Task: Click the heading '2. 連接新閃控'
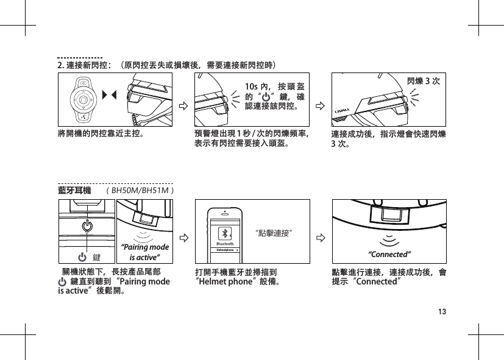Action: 83,64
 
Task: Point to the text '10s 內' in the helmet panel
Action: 255,85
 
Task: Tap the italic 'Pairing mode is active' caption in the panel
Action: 144,252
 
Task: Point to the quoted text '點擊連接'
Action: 274,232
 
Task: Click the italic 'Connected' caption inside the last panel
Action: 390,253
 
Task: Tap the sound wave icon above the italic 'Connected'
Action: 390,241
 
